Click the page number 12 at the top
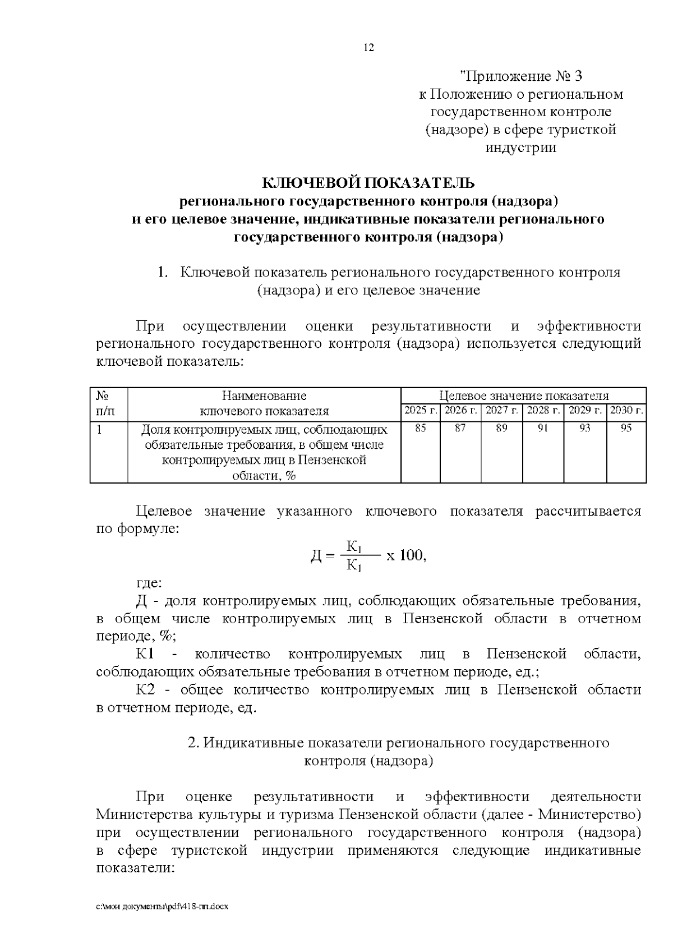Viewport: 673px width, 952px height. [368, 48]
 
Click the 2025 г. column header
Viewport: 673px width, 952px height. [421, 411]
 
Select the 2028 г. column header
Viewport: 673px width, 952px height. [543, 411]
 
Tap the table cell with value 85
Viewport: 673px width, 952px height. [421, 429]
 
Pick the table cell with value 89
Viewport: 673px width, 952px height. [502, 429]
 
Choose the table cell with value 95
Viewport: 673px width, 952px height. [626, 429]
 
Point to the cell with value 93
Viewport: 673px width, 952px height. [585, 429]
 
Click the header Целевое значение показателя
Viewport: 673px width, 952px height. [523, 396]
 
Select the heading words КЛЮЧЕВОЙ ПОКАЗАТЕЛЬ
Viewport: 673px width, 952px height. [368, 183]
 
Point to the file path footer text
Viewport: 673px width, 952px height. [163, 907]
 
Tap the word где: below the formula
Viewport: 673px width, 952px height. [149, 583]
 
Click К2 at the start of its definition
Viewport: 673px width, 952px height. [145, 690]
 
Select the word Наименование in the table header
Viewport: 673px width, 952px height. [264, 396]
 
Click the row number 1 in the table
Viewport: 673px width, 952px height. [99, 430]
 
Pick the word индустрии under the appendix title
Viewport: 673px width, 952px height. [520, 148]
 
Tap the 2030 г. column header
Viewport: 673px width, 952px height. [626, 411]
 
